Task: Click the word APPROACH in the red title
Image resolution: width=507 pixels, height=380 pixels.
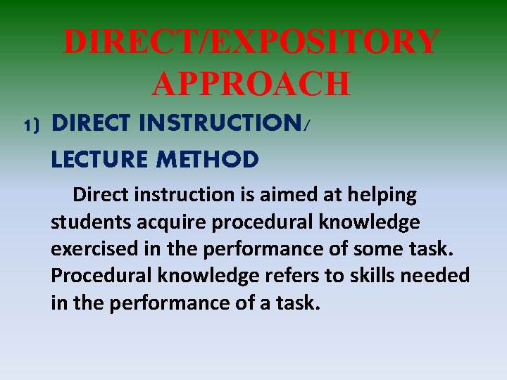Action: point(251,84)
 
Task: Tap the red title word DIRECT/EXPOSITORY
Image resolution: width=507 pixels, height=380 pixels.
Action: point(251,42)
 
